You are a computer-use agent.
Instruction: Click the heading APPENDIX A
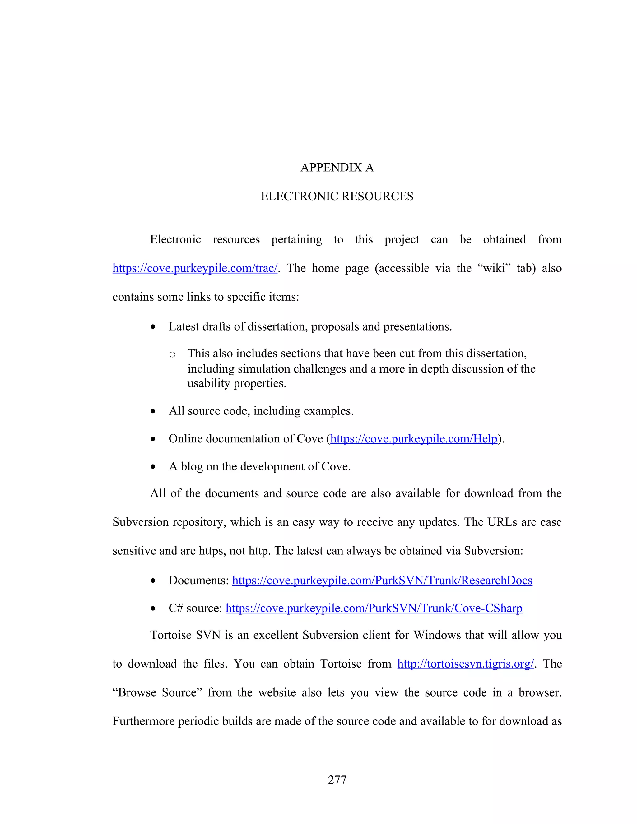click(x=337, y=168)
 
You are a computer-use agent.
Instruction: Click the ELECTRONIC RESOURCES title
click(x=337, y=196)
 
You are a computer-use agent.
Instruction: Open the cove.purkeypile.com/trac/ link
click(x=195, y=268)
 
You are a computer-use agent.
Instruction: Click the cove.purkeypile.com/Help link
click(x=414, y=439)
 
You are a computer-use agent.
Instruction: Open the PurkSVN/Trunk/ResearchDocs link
click(x=382, y=580)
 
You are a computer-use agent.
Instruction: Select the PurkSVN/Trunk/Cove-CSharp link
click(x=374, y=608)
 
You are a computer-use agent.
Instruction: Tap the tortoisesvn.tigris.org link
click(x=465, y=664)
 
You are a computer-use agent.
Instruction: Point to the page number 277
click(x=337, y=780)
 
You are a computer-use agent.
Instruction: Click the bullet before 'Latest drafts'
click(x=153, y=327)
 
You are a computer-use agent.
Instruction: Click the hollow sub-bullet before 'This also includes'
click(x=172, y=354)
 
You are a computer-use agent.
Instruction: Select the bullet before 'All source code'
click(x=153, y=412)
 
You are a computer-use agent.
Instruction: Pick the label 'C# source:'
click(x=195, y=608)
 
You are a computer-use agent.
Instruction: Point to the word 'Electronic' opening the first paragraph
click(x=175, y=239)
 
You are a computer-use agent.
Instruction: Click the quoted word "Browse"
click(x=136, y=692)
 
